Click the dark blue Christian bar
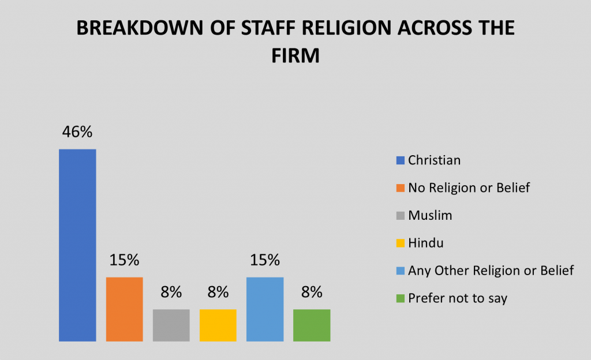pyautogui.click(x=77, y=245)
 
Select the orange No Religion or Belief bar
pyautogui.click(x=124, y=309)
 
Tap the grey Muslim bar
pyautogui.click(x=171, y=325)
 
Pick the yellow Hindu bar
pyautogui.click(x=218, y=325)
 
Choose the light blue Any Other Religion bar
pyautogui.click(x=265, y=309)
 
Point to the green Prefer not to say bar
pyautogui.click(x=312, y=325)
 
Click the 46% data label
pyautogui.click(x=77, y=132)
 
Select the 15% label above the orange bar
pyautogui.click(x=124, y=260)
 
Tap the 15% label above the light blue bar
pyautogui.click(x=265, y=260)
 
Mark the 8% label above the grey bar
pyautogui.click(x=171, y=292)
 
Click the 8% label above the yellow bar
pyautogui.click(x=218, y=292)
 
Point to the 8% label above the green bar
pyautogui.click(x=312, y=292)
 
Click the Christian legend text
pyautogui.click(x=434, y=160)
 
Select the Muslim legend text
pyautogui.click(x=430, y=216)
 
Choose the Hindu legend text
pyautogui.click(x=425, y=243)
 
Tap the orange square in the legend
pyautogui.click(x=401, y=188)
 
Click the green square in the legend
pyautogui.click(x=401, y=299)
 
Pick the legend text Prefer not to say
pyautogui.click(x=457, y=298)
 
